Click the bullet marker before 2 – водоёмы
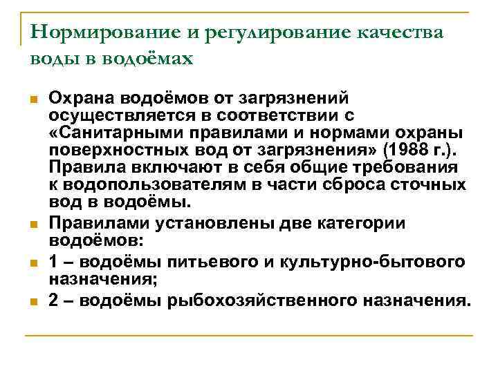pos(34,300)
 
